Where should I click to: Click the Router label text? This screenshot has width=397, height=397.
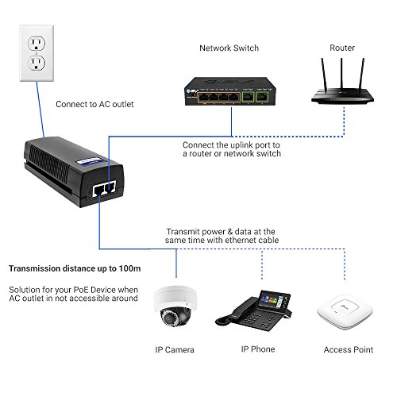(342, 48)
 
